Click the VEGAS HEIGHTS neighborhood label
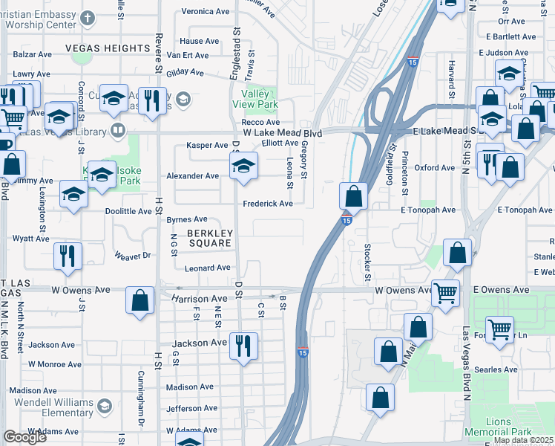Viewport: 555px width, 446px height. coord(108,48)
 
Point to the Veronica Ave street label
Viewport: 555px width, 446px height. coord(206,12)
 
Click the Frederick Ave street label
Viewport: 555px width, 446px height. coord(268,204)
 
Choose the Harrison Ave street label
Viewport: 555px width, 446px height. coord(199,299)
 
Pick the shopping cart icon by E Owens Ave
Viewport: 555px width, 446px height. coord(445,292)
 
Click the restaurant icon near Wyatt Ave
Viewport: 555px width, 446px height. coord(68,256)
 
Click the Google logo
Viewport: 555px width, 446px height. coord(24,437)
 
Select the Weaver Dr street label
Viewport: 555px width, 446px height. coord(133,255)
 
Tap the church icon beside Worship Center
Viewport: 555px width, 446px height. coord(88,17)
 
